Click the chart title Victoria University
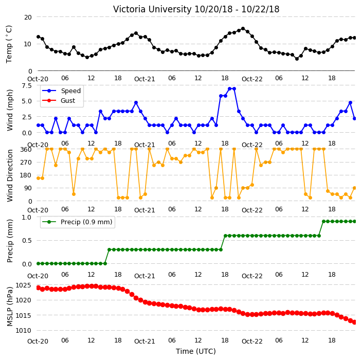[x=152, y=9]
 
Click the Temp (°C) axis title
[x=9, y=44]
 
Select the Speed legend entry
[x=61, y=91]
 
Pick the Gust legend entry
[x=59, y=101]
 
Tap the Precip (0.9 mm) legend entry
[x=77, y=222]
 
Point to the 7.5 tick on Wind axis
[x=27, y=86]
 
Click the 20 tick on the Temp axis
[x=28, y=17]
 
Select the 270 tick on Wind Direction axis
[x=26, y=163]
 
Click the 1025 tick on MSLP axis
[x=23, y=285]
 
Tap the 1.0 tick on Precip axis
[x=27, y=218]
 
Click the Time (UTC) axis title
[x=196, y=351]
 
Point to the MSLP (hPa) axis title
[x=9, y=307]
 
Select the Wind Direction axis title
[x=9, y=175]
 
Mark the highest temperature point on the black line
[x=243, y=29]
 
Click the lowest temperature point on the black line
[x=297, y=59]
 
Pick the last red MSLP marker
[x=355, y=322]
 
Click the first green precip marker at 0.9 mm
[x=323, y=222]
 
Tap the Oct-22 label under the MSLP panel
[x=252, y=341]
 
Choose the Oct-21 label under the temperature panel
[x=144, y=79]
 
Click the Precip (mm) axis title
[x=9, y=241]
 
